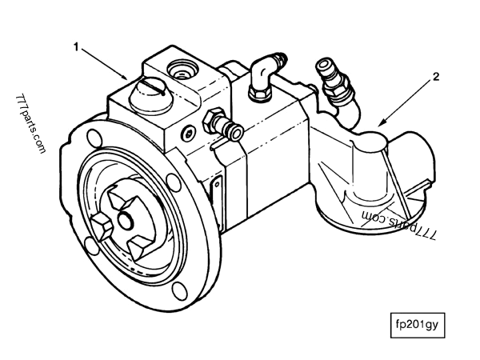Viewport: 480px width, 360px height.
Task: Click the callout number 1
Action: pos(78,47)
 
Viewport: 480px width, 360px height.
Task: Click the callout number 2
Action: pos(435,78)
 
